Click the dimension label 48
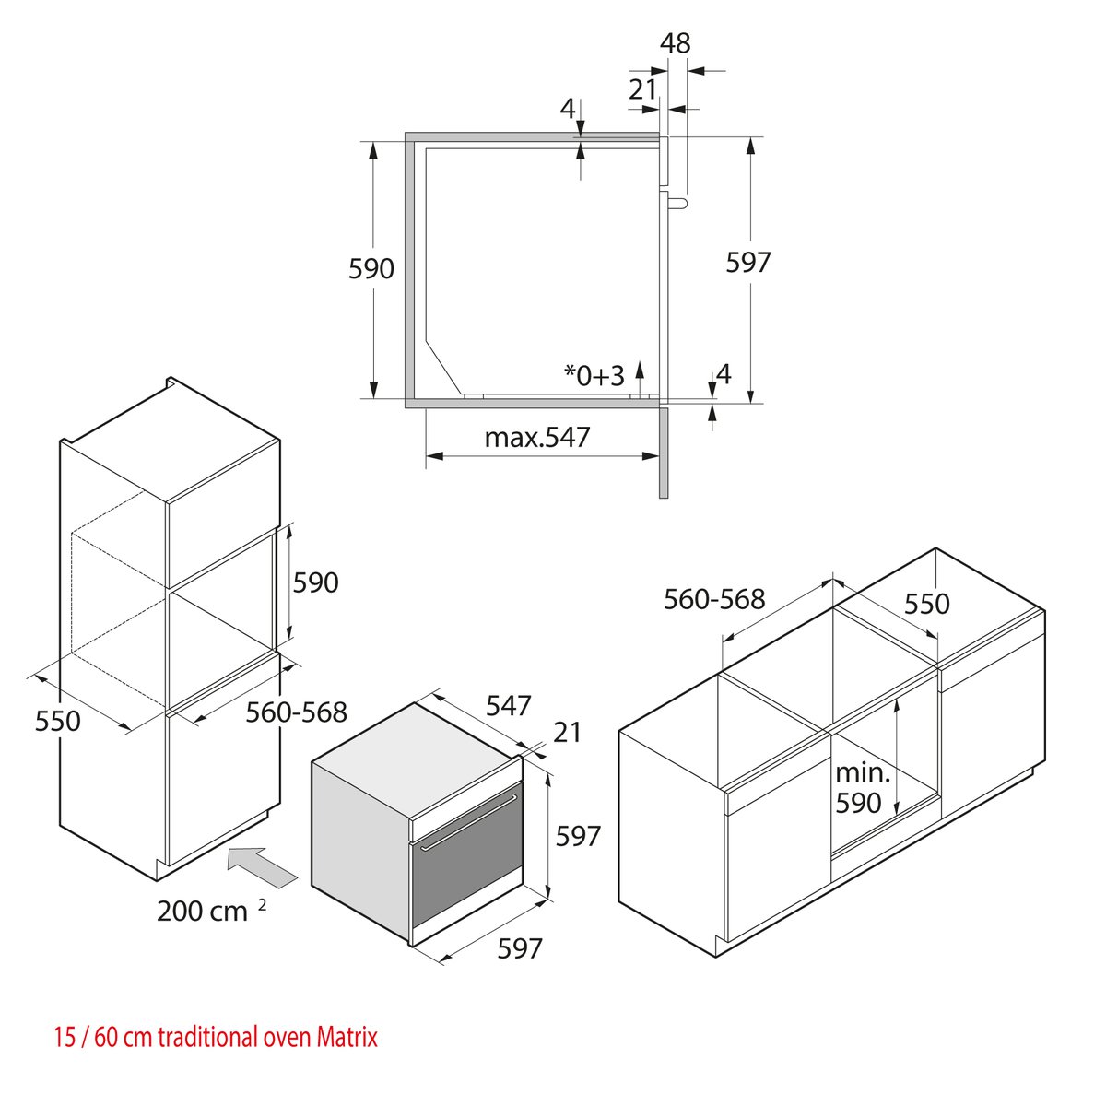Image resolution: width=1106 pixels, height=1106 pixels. point(675,43)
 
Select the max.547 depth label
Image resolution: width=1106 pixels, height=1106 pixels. point(536,438)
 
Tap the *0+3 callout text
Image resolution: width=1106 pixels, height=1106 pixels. point(594,375)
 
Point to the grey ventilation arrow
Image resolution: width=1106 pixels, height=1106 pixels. point(263,867)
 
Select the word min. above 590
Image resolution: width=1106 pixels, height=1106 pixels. point(862,773)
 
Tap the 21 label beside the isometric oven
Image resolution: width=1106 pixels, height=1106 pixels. point(567,733)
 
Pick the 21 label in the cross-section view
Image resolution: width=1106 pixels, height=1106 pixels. point(642,89)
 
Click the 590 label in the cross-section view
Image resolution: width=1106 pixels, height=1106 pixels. point(371,268)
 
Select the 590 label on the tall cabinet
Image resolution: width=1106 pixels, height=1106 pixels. point(316,582)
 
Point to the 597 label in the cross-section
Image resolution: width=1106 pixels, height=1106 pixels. point(747,263)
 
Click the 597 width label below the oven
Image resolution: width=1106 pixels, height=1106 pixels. point(520,948)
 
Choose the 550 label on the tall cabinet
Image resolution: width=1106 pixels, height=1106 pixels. point(58,721)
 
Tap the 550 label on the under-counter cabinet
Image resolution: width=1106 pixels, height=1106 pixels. point(927,604)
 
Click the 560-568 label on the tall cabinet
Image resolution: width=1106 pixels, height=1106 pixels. point(296,712)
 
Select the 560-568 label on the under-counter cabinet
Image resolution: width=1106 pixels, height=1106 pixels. point(714,599)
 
